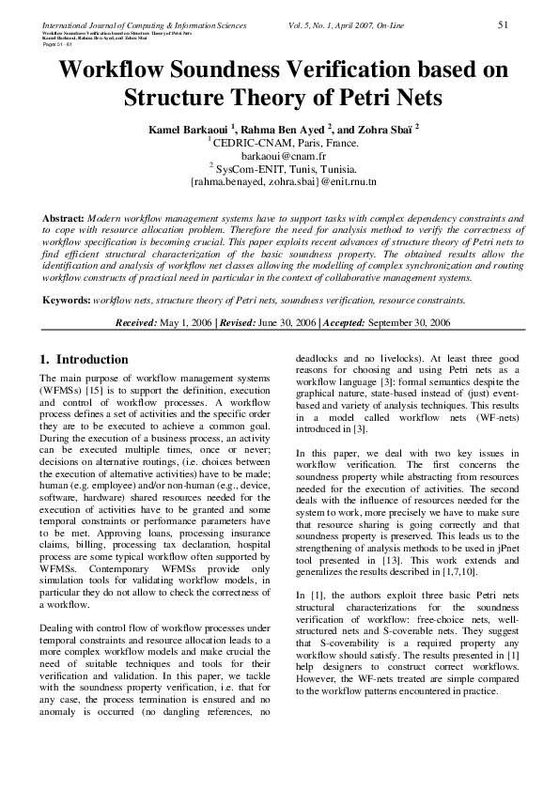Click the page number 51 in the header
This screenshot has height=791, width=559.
point(503,23)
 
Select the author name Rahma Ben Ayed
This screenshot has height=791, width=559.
point(279,128)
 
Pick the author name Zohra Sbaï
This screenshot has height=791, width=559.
point(385,128)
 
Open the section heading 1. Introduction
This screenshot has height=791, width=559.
point(85,360)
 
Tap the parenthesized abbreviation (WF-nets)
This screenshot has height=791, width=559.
point(491,416)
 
